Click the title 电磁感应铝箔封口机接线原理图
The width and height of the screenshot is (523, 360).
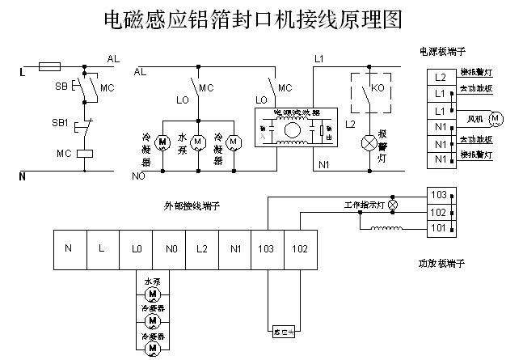(x=253, y=19)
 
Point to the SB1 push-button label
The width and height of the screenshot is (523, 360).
(x=60, y=124)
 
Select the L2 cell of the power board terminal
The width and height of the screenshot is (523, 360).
(x=439, y=78)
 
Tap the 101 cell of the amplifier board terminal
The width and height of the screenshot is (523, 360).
(x=438, y=229)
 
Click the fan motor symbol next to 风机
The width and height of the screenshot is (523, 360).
(x=496, y=119)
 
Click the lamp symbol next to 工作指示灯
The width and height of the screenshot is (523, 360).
(x=394, y=205)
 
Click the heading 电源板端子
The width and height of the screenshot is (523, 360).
(x=444, y=51)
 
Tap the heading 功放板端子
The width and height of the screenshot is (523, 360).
(x=441, y=264)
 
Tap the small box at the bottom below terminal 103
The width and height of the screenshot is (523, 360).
(x=283, y=330)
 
